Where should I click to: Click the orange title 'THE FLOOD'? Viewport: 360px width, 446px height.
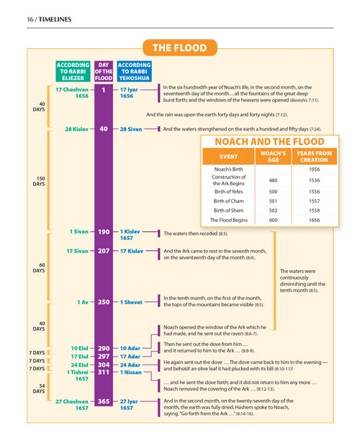click(180, 48)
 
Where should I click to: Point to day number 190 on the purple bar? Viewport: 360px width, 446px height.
click(104, 232)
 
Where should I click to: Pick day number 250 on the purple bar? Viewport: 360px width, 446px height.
click(104, 302)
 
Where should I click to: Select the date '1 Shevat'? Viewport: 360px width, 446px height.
click(132, 302)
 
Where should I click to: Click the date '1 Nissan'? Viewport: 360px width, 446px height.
click(131, 372)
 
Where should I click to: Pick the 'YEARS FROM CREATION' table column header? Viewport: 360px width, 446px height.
click(314, 156)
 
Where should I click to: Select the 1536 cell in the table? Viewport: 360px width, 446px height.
click(314, 180)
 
